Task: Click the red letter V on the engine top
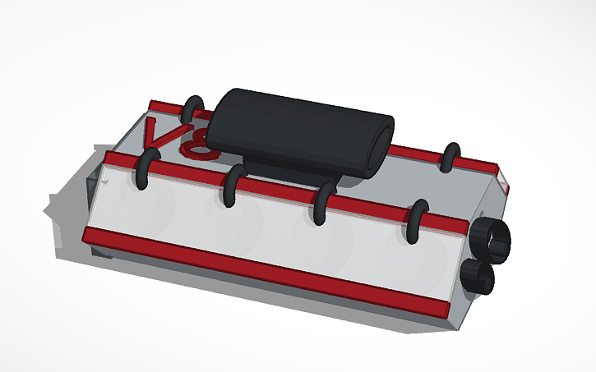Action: tap(159, 134)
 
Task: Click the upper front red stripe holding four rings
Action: tap(280, 192)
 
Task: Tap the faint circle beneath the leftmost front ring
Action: tap(160, 205)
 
